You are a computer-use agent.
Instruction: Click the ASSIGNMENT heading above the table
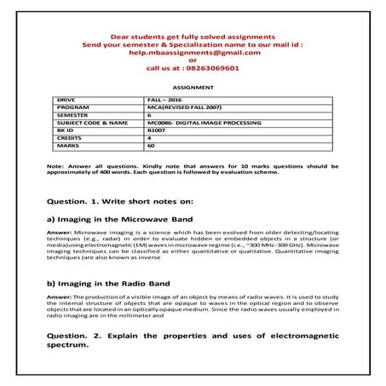click(x=193, y=87)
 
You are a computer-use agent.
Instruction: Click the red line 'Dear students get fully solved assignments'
click(x=192, y=37)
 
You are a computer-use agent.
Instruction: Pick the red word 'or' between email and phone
click(x=192, y=61)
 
